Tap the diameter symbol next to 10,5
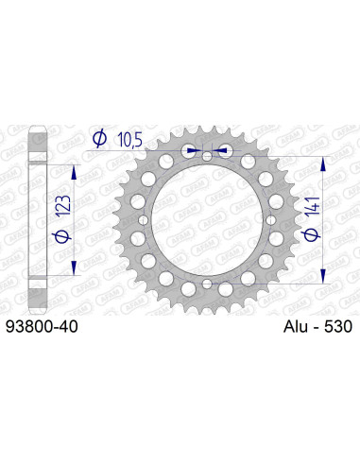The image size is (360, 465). click(x=99, y=140)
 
